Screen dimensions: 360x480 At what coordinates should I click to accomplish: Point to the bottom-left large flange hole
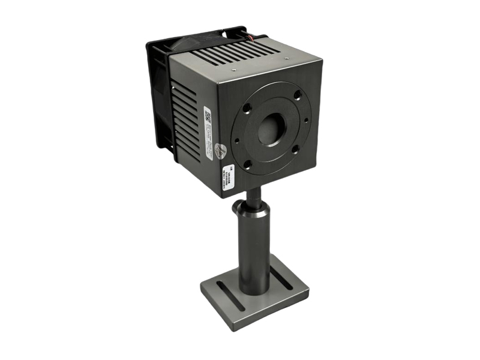tap(247, 163)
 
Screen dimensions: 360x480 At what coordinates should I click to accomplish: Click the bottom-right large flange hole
tap(296, 148)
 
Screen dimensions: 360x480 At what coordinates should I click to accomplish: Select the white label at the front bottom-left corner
tap(229, 177)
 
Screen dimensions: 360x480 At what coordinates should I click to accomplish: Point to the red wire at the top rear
tap(263, 38)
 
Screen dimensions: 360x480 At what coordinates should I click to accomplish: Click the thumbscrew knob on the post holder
tap(238, 208)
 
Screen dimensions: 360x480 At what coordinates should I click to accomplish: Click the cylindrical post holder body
tap(254, 246)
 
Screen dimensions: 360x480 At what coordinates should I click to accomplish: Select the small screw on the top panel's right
tap(287, 58)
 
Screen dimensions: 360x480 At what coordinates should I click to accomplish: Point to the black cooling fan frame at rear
tap(158, 90)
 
